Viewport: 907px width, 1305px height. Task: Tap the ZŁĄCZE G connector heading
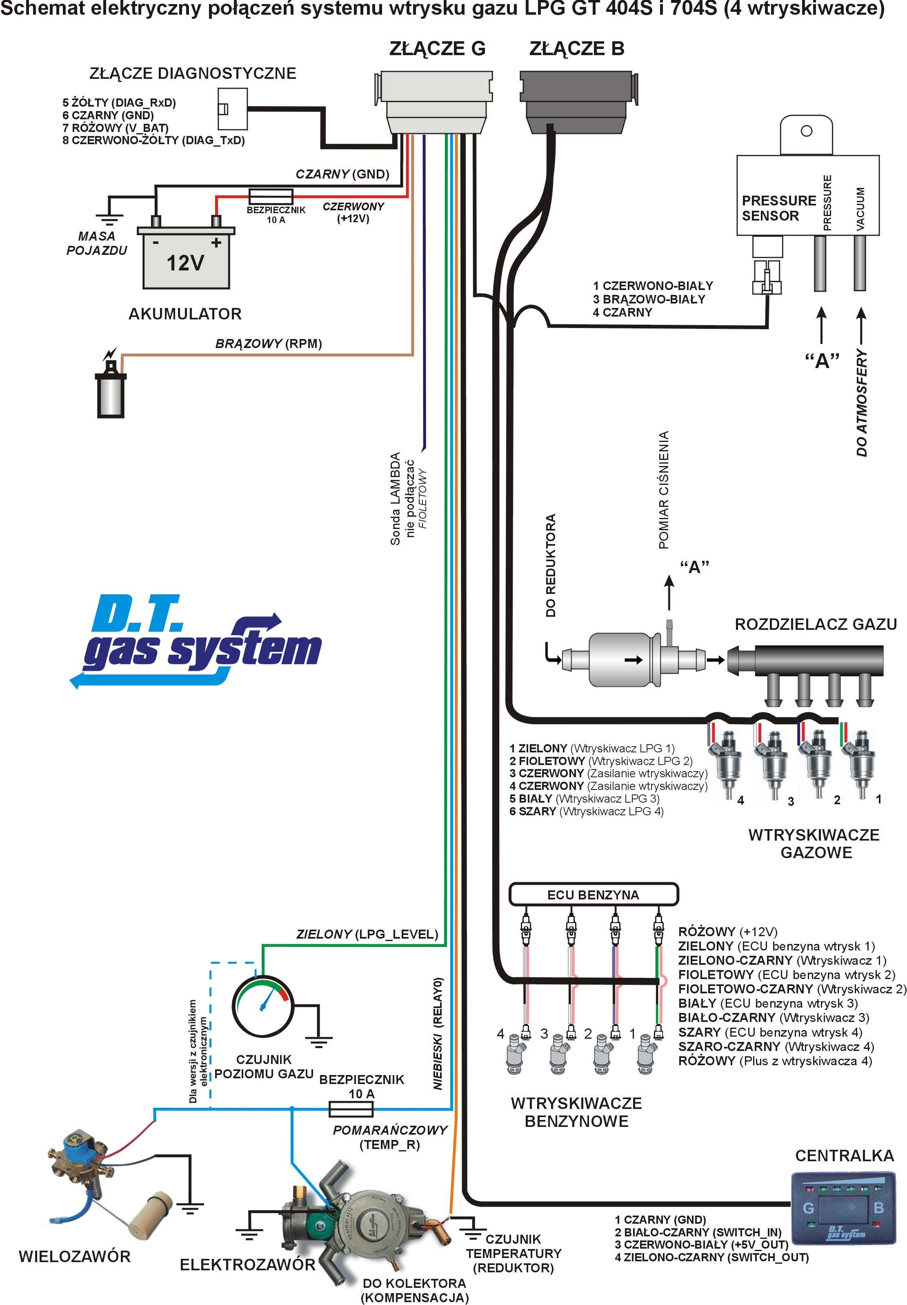coord(437,49)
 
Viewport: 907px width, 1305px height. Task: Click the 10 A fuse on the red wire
coord(271,196)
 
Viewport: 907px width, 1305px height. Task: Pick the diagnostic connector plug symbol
coord(232,109)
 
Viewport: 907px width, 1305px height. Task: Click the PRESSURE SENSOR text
coord(778,208)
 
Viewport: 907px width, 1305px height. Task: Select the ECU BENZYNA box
coord(594,895)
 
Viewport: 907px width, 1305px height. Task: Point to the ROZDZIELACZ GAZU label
coord(816,624)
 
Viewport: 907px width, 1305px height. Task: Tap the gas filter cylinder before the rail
coord(620,659)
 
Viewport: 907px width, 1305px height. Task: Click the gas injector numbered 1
coord(861,762)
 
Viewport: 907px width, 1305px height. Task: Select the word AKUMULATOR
coord(185,314)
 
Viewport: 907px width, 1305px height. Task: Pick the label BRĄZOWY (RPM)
coord(268,344)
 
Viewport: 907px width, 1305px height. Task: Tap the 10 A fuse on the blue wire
coord(351,1109)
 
